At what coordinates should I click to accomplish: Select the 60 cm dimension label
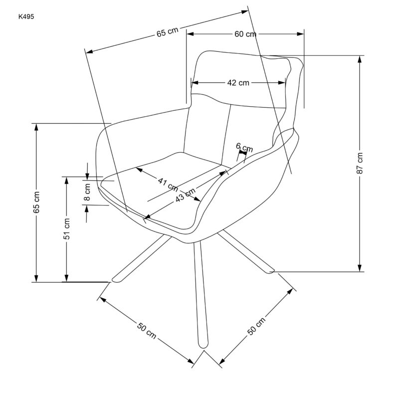[245, 34]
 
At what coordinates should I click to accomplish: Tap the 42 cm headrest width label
[238, 83]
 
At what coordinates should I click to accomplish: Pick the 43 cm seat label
[185, 195]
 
